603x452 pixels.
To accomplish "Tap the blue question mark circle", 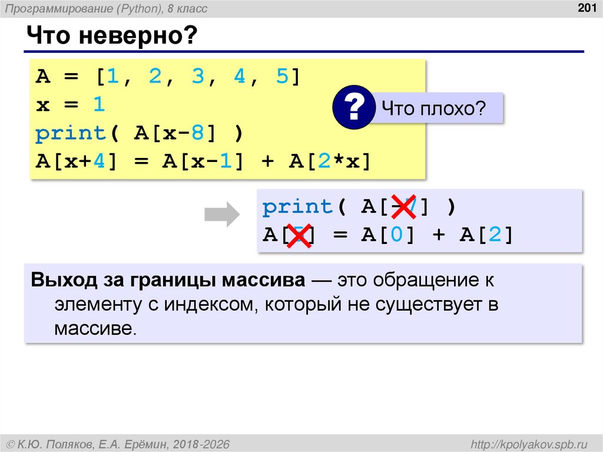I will click(x=353, y=108).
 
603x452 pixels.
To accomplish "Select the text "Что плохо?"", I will click(x=433, y=108).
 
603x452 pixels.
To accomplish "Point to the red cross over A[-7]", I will click(x=404, y=207).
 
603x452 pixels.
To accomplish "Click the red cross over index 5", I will click(x=300, y=236).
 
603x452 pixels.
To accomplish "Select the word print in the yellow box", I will click(x=70, y=134).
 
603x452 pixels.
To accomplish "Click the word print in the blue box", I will click(x=297, y=207).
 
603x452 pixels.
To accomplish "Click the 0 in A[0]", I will click(x=393, y=235).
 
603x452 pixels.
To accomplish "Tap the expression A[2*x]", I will click(x=330, y=162).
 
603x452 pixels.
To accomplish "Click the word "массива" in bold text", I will click(x=262, y=280).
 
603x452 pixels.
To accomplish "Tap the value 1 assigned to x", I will click(x=98, y=105).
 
